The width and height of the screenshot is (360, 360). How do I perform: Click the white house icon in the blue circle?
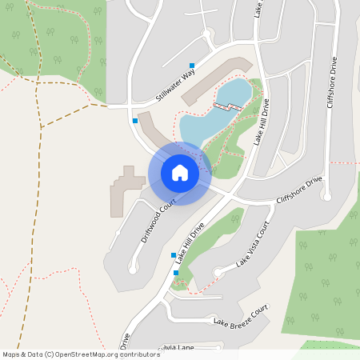[180, 172]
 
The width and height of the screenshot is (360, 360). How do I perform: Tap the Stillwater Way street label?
[175, 87]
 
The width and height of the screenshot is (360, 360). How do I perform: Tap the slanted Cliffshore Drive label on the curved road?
[298, 189]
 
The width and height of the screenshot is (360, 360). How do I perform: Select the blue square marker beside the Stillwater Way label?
[192, 65]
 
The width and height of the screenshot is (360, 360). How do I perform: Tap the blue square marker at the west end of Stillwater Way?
[134, 120]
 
